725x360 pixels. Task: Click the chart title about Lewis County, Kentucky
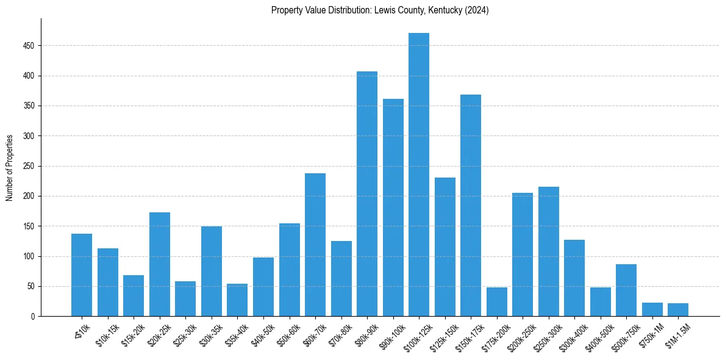tap(380, 10)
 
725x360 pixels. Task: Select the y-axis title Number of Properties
tap(10, 167)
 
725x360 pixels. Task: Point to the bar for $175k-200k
tap(497, 302)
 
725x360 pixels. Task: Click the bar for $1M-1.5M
tap(678, 310)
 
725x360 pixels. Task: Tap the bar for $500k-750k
tap(626, 290)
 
